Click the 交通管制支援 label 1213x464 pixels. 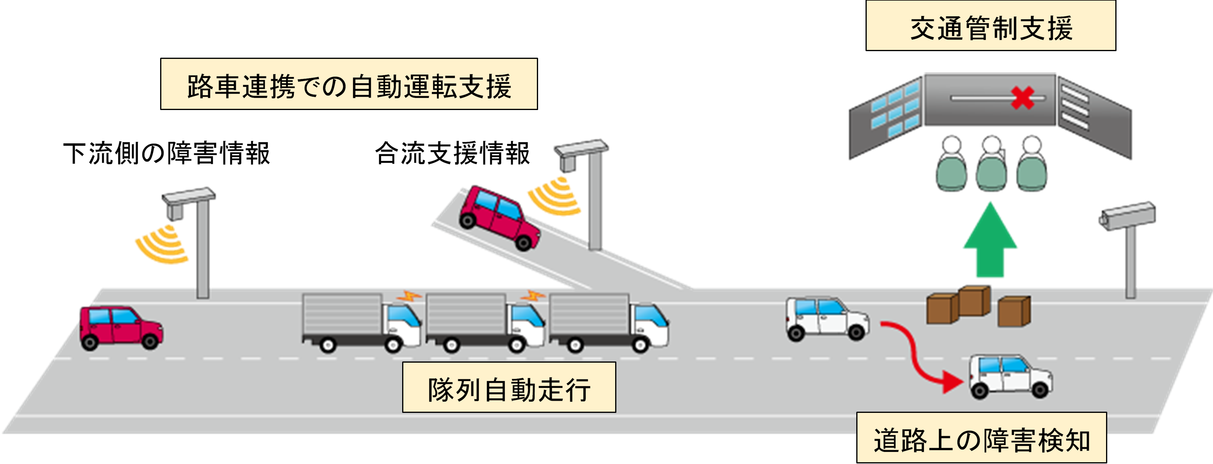pos(990,27)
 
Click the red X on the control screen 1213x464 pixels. pos(1022,98)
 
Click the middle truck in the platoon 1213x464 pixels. pos(485,323)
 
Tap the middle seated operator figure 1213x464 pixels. pos(991,165)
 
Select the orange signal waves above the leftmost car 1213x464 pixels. pos(163,245)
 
